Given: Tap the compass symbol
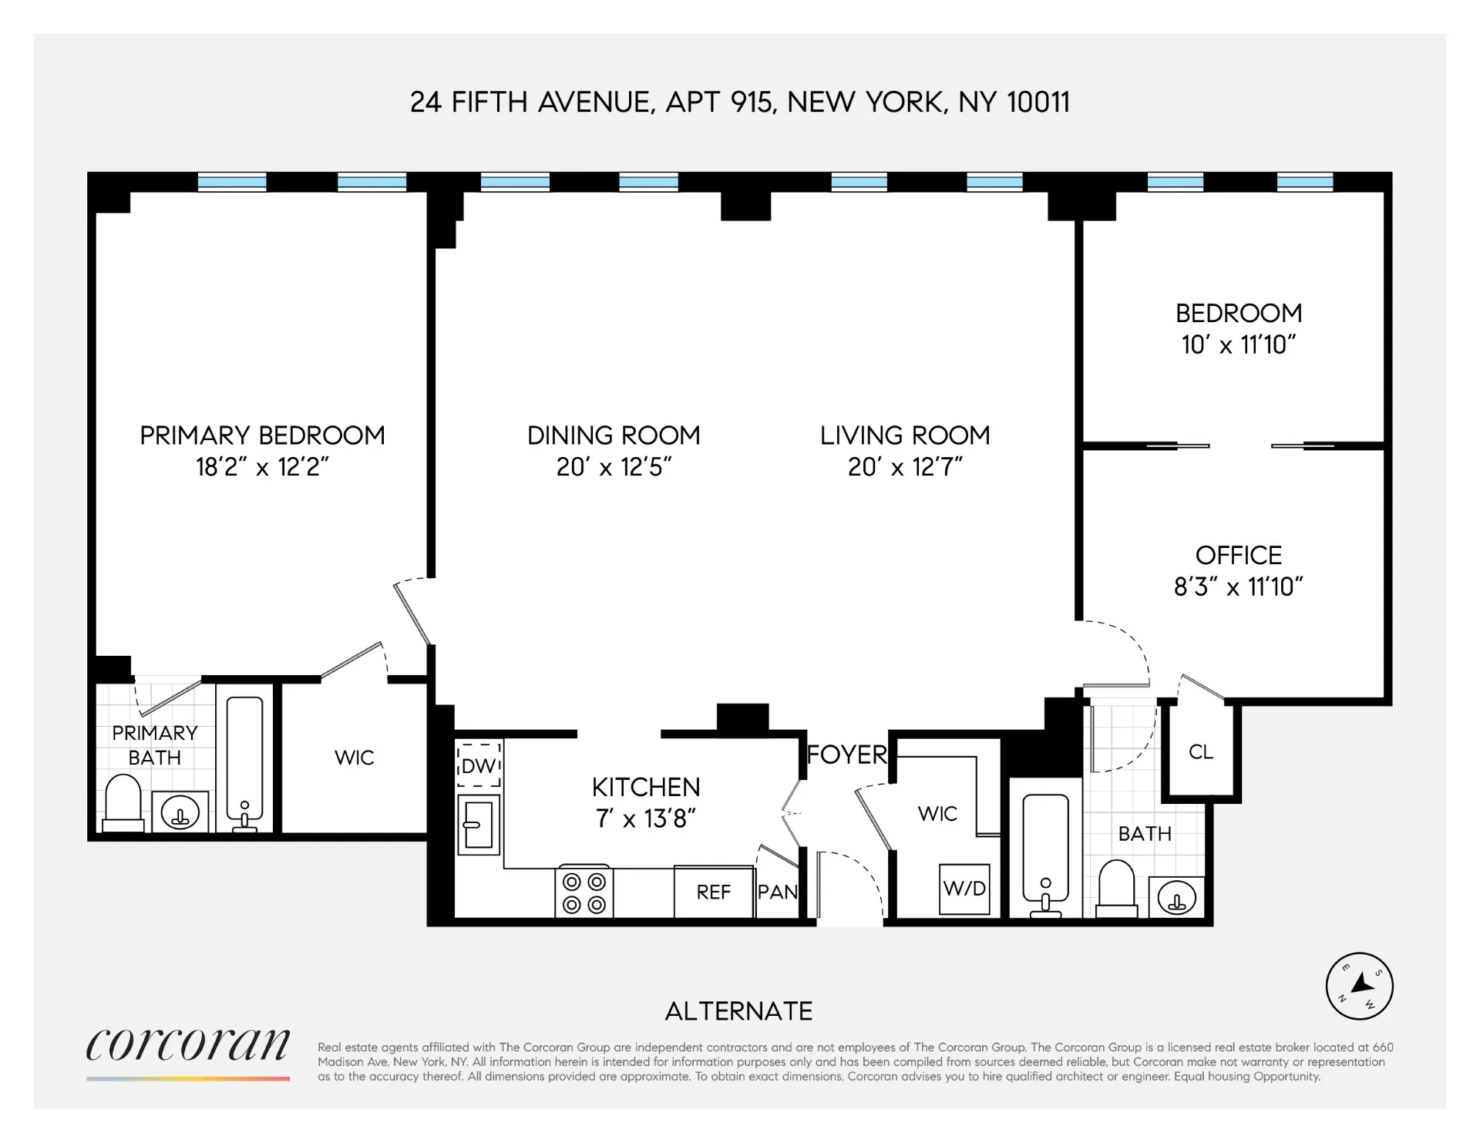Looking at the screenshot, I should click(1359, 986).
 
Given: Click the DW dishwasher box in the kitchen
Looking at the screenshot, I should click(479, 765).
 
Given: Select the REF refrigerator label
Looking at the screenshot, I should click(713, 892).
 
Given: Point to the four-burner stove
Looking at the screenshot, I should click(584, 893).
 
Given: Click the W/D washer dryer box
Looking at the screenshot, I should click(964, 889).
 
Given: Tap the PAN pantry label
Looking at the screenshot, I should click(777, 892).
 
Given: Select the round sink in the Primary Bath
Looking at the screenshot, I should click(180, 812).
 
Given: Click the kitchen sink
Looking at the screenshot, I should click(478, 825).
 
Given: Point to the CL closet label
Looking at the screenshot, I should click(1201, 751).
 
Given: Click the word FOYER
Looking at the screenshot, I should click(846, 755).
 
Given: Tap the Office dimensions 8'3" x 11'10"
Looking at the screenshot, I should click(1238, 587).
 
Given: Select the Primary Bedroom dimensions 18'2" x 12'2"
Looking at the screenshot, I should click(262, 467).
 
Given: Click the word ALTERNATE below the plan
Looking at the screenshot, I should click(738, 1011).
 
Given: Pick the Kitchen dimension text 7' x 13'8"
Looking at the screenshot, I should click(646, 819).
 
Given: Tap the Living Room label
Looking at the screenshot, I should click(905, 435).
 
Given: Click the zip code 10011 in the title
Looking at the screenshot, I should click(1038, 103).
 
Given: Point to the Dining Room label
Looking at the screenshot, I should click(614, 435).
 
